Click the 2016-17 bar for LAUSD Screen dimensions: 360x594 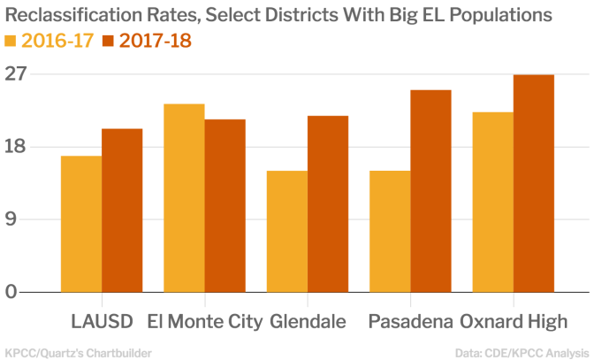(81, 224)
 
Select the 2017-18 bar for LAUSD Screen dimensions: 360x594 (122, 211)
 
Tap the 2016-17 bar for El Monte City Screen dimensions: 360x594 (184, 198)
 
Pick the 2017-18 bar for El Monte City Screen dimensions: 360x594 (225, 205)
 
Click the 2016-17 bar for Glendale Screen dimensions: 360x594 (287, 231)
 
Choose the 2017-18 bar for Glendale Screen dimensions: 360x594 (328, 203)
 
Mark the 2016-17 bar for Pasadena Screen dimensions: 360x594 (390, 231)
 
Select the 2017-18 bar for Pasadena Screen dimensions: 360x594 (430, 191)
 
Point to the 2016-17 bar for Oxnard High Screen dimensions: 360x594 (492, 202)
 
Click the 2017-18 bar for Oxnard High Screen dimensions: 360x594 (534, 183)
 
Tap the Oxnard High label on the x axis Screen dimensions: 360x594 (514, 320)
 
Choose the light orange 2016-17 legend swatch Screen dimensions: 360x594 (11, 41)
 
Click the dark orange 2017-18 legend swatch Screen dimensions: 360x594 (109, 41)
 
